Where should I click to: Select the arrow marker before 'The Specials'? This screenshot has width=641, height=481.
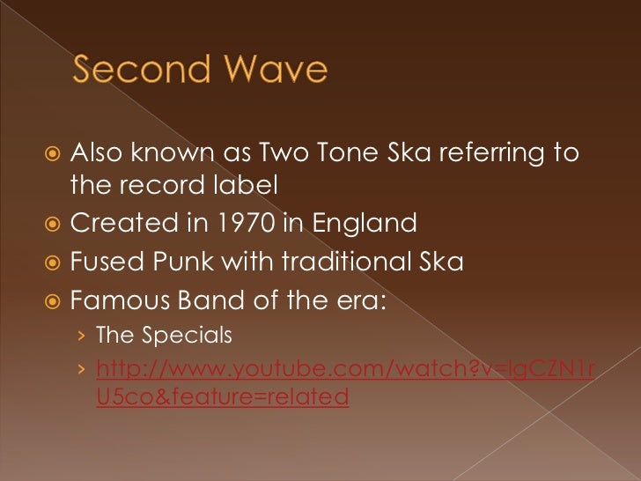click(81, 337)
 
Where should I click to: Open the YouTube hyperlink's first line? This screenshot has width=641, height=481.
click(343, 366)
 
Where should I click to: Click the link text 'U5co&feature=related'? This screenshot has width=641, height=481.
click(222, 397)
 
